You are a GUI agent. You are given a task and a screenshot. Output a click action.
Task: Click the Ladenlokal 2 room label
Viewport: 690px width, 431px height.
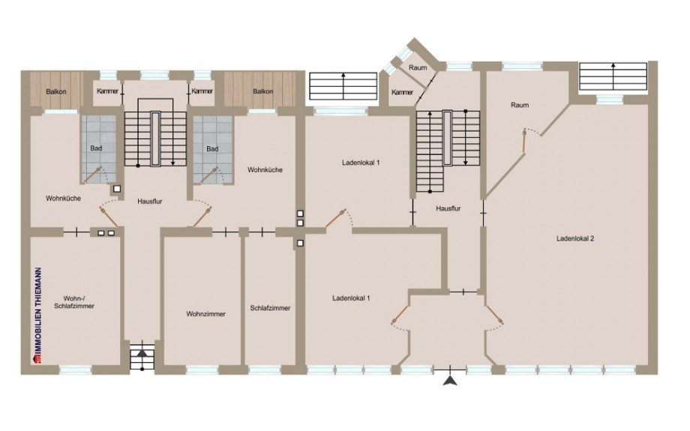coord(575,239)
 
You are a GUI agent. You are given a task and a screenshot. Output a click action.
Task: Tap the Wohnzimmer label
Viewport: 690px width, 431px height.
coord(205,314)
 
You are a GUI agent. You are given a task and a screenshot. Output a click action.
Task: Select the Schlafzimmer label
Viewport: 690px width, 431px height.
coord(270,308)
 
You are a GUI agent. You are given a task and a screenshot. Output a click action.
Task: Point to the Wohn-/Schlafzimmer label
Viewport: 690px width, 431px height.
coord(74,302)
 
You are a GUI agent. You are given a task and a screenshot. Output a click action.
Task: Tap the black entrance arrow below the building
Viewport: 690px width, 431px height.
coord(450,381)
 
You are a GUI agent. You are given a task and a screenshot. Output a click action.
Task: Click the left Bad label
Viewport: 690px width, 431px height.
coord(96,148)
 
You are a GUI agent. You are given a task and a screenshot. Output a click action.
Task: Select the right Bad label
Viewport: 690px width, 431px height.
coord(212,148)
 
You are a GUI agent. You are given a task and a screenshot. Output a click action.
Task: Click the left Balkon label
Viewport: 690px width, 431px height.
coord(56,91)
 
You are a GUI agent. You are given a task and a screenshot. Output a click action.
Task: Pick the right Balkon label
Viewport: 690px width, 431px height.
coord(262,91)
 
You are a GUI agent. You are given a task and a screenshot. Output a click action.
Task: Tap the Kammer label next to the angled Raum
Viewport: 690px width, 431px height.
coord(402,92)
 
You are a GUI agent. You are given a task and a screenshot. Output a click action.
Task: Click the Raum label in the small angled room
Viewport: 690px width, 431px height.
coord(418,67)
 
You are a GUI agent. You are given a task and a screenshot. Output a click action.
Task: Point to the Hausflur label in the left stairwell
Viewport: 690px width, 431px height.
coord(149,202)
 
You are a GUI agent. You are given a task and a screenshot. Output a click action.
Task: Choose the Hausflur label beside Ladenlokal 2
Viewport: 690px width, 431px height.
coord(448,208)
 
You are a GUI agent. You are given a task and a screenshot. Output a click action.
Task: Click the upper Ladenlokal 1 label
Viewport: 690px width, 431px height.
coord(361,163)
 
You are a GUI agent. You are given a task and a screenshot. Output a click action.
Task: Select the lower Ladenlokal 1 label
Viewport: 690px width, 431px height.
coord(351,298)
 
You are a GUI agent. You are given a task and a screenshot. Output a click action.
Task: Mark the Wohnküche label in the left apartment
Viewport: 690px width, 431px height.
coord(63,199)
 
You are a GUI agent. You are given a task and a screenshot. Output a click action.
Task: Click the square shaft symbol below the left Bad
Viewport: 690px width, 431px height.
coord(117,189)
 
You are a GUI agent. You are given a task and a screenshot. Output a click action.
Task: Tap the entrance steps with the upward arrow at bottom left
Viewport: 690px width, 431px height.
coord(142,357)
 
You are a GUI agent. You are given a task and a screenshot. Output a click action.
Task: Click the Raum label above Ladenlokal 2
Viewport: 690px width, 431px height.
coord(520,105)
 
